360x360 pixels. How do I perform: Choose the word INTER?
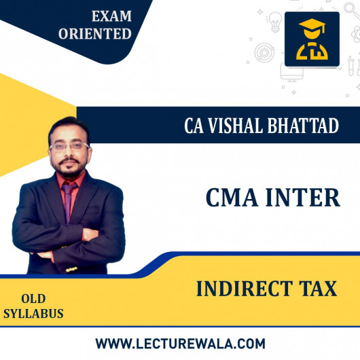(x=303, y=198)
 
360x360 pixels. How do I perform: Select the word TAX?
(x=318, y=289)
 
